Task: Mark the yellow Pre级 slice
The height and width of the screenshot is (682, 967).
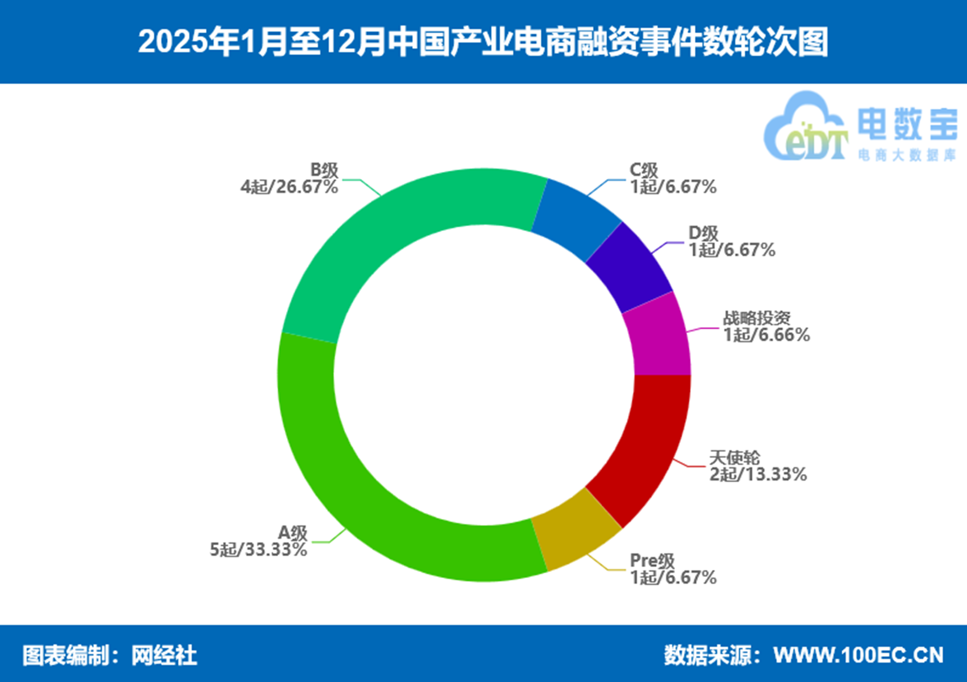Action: pos(574,531)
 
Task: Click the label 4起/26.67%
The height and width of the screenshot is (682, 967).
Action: pos(289,187)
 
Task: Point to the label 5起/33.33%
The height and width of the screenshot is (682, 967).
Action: pos(259,549)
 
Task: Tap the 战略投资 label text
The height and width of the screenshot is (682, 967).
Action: pos(757,318)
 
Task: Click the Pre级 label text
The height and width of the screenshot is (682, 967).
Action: pos(652,561)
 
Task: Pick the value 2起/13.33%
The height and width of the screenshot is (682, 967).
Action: pos(758,474)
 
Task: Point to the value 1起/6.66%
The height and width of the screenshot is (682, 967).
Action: pos(766,335)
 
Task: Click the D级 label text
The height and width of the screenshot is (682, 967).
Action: pos(703,234)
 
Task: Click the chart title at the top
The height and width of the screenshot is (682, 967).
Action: pos(483,42)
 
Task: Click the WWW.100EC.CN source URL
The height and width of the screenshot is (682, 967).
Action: pos(858,655)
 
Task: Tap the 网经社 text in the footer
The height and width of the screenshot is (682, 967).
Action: pos(164,655)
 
